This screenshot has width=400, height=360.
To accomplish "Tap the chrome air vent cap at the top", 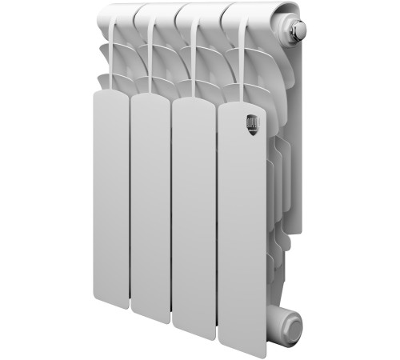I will [298, 30].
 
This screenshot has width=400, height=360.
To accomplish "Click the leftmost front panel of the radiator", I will [110, 200].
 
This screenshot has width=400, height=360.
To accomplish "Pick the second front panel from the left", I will [150, 204].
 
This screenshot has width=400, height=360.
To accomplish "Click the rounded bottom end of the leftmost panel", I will [110, 306].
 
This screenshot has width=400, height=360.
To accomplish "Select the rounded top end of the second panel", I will [150, 99].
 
